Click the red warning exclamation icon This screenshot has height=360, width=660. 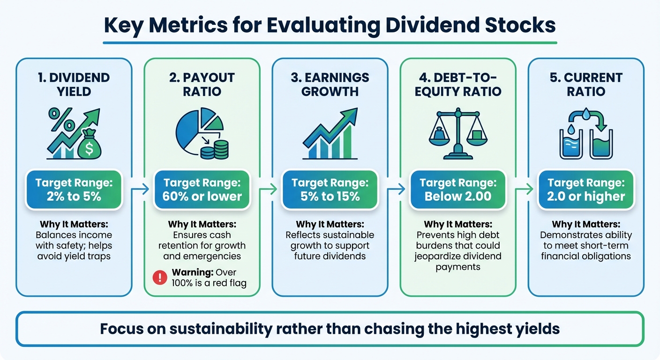[160, 277]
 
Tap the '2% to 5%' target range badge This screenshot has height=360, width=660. [74, 189]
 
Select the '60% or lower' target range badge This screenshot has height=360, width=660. [202, 189]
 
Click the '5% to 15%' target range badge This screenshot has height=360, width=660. [330, 189]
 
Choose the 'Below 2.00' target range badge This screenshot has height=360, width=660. [458, 189]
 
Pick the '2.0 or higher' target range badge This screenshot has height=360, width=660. [586, 189]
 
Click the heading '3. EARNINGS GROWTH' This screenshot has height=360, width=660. [330, 84]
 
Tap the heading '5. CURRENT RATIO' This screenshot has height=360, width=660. [586, 84]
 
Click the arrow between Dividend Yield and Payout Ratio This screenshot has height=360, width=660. [140, 189]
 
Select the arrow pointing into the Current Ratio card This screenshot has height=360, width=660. [524, 189]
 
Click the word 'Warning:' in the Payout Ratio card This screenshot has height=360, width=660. [189, 272]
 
